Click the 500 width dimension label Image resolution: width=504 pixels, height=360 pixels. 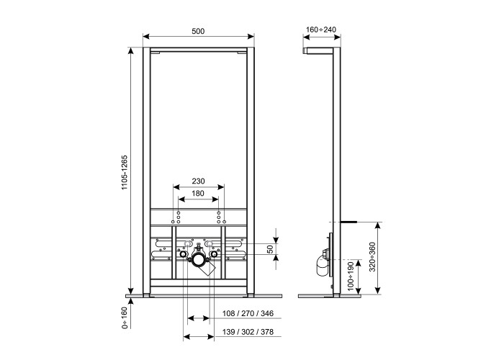click(198, 31)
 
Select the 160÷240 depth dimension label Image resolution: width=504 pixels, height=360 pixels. click(321, 30)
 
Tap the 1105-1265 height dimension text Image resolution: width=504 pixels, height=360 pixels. click(125, 173)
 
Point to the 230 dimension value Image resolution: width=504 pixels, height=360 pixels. click(198, 181)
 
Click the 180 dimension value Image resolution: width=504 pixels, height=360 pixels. click(198, 193)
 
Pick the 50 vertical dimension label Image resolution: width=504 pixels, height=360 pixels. click(270, 249)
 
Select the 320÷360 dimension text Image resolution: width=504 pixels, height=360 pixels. click(372, 257)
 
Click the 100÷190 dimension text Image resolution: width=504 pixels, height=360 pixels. click(351, 276)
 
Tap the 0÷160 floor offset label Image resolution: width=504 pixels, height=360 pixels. click(125, 318)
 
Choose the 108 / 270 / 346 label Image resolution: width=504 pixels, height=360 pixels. click(248, 313)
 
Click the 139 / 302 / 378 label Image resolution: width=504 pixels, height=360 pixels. click(248, 332)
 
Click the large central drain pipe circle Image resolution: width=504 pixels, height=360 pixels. click(198, 260)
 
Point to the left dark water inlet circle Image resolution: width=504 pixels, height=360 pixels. click(183, 255)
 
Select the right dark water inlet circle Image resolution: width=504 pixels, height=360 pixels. click(213, 255)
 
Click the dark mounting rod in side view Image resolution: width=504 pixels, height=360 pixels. click(348, 222)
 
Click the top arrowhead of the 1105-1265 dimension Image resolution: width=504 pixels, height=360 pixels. click(131, 51)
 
